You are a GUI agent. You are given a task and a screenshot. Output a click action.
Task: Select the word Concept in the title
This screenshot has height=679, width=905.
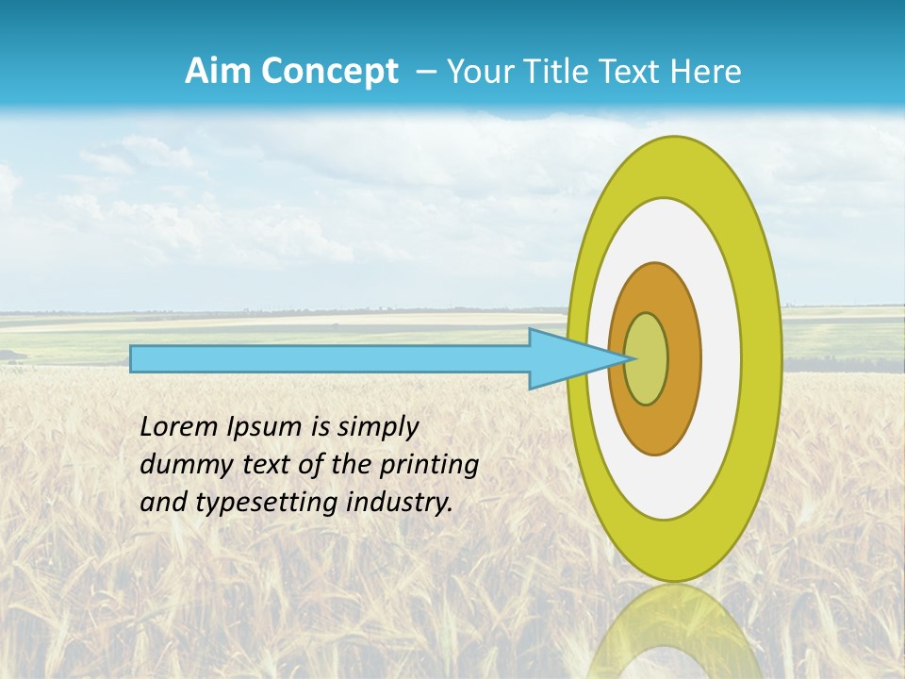coord(329,72)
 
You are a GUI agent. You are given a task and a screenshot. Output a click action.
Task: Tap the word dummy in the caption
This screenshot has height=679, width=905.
coord(178,465)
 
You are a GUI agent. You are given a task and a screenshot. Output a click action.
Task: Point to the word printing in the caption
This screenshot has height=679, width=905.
coord(430,466)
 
